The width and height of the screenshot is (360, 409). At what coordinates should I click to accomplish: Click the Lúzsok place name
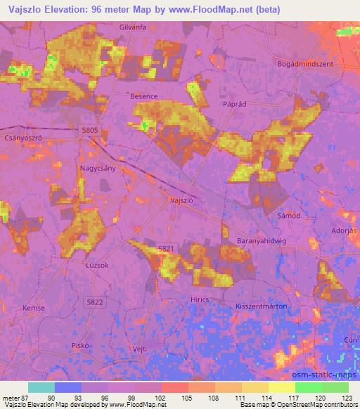(96, 266)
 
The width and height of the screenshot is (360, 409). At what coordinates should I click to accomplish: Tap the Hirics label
(221, 298)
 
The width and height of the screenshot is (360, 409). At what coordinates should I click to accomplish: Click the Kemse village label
(34, 309)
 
